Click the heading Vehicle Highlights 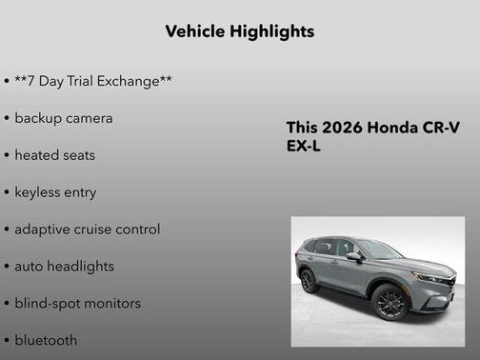point(239,31)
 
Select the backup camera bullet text point(63,118)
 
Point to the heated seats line point(54,155)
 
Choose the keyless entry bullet point(55,192)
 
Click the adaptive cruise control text point(87,230)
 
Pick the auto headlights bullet point(64,267)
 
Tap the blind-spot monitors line point(77,304)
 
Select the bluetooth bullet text point(46,340)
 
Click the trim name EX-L point(305,148)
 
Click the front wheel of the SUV point(390,301)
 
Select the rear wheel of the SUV point(309,282)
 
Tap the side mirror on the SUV point(354,257)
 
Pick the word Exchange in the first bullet point(137,81)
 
